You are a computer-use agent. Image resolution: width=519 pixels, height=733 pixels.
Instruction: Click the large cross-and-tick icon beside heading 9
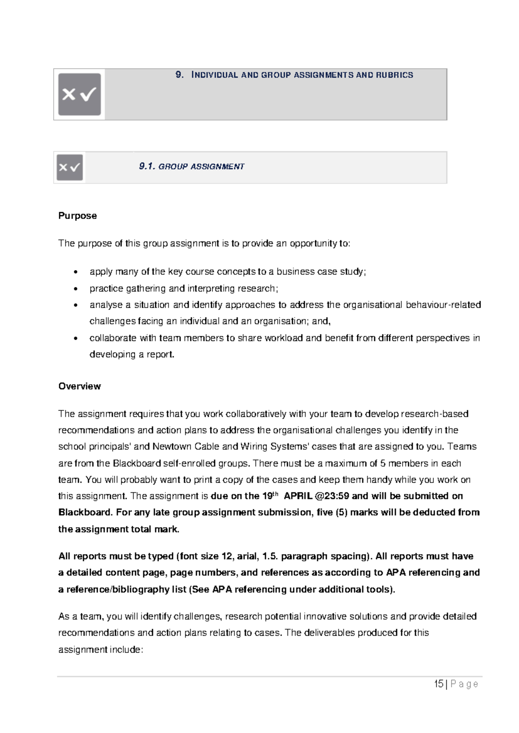pos(80,94)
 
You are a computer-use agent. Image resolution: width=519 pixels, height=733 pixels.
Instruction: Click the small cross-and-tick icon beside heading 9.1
pos(70,167)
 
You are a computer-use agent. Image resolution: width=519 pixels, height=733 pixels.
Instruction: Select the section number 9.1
pos(147,166)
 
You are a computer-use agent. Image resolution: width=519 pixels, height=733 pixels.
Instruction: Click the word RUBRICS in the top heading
pos(394,75)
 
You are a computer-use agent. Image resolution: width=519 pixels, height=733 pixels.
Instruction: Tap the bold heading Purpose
pos(77,216)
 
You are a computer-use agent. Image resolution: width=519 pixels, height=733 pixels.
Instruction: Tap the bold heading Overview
pos(80,386)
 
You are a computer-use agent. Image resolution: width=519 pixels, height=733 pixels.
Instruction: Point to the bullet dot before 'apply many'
pos(76,272)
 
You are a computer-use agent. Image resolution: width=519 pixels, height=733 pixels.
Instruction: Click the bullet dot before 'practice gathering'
pos(76,289)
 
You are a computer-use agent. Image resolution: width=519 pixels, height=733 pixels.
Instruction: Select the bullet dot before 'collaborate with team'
pos(76,338)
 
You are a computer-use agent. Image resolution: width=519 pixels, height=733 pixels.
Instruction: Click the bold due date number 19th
pos(270,496)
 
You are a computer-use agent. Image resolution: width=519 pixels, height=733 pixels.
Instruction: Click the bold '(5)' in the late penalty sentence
pos(342,512)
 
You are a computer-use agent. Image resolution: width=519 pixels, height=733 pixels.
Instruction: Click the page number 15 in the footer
pos(439,684)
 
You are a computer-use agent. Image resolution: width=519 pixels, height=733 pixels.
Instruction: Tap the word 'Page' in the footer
pos(464,684)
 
